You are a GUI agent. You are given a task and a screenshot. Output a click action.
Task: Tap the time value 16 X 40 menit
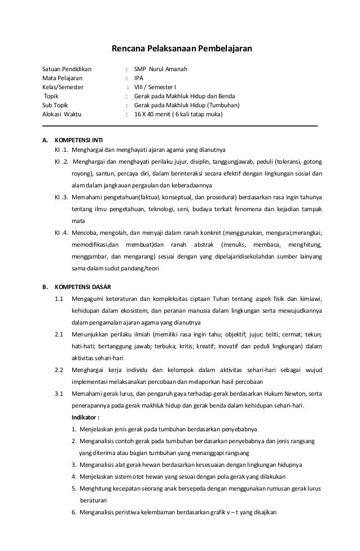155,114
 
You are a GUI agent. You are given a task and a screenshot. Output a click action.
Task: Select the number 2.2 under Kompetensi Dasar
59,370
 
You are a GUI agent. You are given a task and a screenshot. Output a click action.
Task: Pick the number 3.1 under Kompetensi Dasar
59,394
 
